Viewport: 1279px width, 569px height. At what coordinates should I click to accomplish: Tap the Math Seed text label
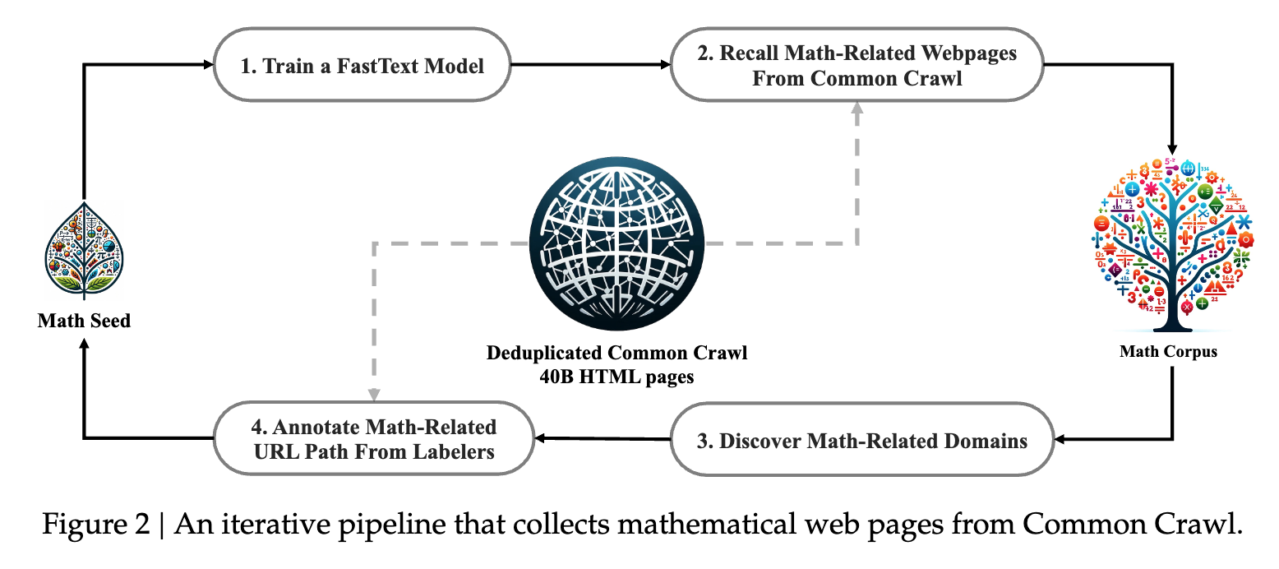[x=84, y=321]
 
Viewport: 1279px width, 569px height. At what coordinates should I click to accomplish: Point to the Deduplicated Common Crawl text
[x=617, y=354]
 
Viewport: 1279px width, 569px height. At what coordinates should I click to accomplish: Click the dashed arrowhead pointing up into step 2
[x=857, y=107]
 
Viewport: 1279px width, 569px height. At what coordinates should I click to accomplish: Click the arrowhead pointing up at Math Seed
[x=84, y=345]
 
